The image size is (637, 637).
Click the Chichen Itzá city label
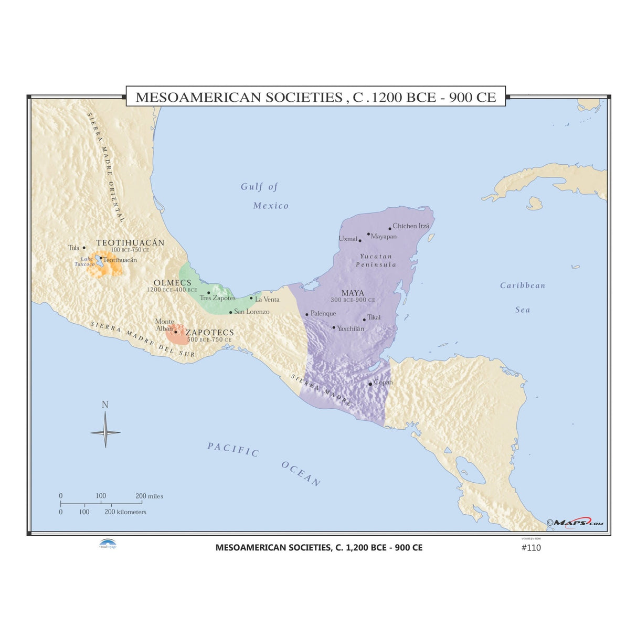[411, 226]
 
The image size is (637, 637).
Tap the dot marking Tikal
[364, 320]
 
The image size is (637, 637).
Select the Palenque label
[323, 314]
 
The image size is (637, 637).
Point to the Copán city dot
[370, 384]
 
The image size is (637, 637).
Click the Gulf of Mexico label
[266, 196]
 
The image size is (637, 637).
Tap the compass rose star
[105, 432]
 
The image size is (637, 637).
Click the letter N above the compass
[105, 405]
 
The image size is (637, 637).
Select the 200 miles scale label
[149, 496]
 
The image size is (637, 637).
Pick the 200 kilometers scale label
[125, 512]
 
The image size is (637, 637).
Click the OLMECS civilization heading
[172, 283]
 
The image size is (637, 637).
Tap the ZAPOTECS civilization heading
[209, 333]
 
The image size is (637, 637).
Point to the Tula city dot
[83, 248]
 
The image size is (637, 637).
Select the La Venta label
[267, 300]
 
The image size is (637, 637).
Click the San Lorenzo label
[251, 312]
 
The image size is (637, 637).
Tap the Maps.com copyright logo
[575, 523]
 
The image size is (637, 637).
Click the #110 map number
[530, 548]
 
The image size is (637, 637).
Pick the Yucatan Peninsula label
[376, 260]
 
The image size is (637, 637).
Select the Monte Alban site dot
[176, 332]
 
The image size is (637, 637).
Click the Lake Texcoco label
[84, 261]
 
